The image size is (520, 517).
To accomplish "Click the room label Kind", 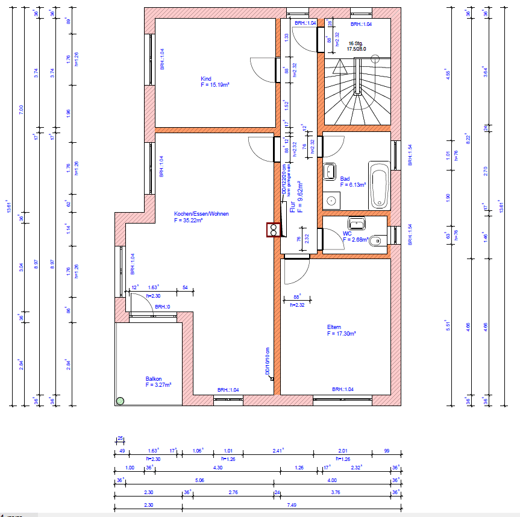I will click(206, 78).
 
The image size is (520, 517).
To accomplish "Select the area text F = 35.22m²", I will click(188, 221).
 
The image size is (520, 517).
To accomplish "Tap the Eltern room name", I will click(334, 327).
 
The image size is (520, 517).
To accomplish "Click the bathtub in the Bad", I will click(378, 186).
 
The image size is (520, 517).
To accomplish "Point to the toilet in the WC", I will click(376, 241).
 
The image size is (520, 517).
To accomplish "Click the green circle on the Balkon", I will click(120, 400).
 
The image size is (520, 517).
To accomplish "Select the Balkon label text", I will click(152, 378).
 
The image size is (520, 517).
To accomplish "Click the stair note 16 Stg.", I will click(356, 43).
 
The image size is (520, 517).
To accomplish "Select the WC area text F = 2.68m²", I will click(356, 239).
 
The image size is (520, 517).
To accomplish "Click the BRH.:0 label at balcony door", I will click(162, 307).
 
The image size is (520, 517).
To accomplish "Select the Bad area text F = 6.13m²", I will click(352, 185).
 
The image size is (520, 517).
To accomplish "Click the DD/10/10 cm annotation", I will click(268, 362).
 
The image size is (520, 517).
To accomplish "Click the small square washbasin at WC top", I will click(357, 223).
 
